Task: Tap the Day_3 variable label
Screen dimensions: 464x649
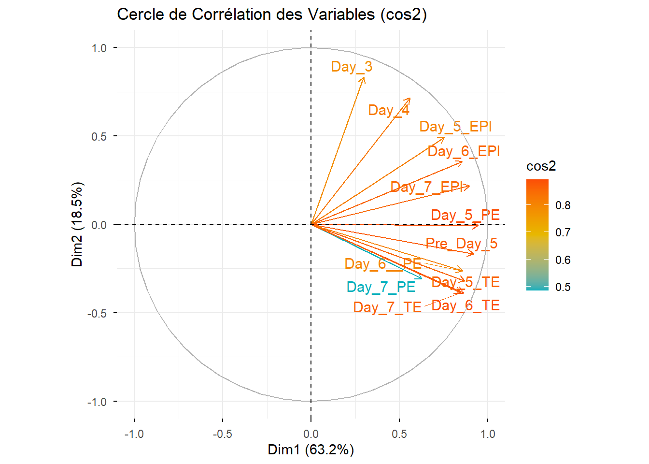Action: pos(352,67)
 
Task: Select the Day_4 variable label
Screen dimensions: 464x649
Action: pos(389,110)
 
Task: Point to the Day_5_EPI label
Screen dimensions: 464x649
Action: pos(455,127)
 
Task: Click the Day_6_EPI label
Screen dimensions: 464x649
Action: pos(464,151)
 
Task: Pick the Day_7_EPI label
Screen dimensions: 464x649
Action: pos(427,187)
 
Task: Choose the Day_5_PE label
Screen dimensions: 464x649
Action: pos(465,215)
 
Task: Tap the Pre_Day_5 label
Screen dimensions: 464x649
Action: pos(461,244)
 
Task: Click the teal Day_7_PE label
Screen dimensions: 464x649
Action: pos(381,287)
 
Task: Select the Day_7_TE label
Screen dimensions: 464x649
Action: pos(387,307)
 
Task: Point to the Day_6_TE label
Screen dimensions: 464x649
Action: pos(466,305)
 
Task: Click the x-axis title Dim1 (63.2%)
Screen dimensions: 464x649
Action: pos(311,449)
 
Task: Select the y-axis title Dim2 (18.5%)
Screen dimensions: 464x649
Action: pos(77,224)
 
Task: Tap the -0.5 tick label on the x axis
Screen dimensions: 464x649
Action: pos(222,434)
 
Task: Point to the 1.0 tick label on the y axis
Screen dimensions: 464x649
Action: pos(99,48)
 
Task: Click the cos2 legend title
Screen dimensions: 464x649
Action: pos(541,166)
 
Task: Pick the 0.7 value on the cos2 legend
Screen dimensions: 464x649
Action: pos(563,232)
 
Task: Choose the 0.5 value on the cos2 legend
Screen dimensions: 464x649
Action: pos(563,287)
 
